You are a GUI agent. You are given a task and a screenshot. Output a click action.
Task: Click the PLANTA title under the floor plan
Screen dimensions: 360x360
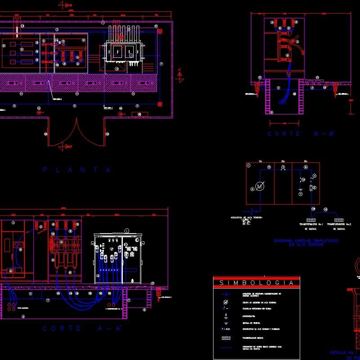76,170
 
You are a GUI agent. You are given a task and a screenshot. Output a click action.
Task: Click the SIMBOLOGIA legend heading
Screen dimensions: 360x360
256,283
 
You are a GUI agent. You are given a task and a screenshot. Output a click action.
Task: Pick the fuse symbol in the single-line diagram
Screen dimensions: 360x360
310,188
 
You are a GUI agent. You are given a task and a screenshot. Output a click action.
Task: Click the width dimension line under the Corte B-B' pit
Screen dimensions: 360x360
284,122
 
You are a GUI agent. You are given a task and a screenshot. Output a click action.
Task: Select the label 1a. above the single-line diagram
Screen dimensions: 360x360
260,161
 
